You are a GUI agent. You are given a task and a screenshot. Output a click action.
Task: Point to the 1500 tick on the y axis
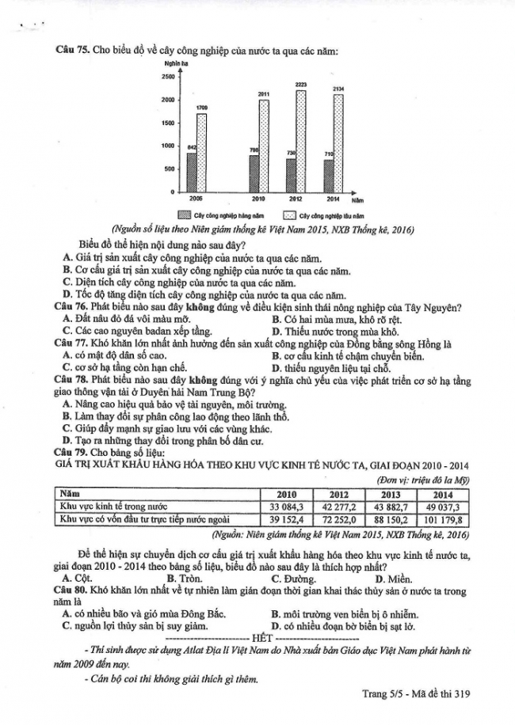(x=168, y=123)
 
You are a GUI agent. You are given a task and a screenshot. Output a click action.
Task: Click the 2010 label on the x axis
(x=257, y=198)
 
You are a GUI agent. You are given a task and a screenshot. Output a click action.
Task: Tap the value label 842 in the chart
(x=191, y=148)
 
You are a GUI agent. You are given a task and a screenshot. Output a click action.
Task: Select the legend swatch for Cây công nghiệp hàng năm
(x=184, y=214)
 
